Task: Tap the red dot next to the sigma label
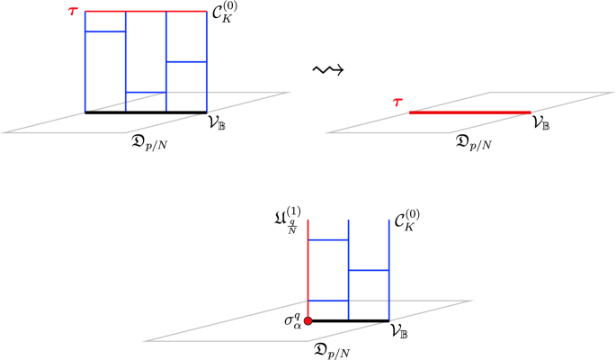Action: (x=308, y=320)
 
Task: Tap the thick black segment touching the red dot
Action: (x=349, y=320)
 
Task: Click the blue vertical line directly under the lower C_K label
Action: (x=388, y=270)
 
